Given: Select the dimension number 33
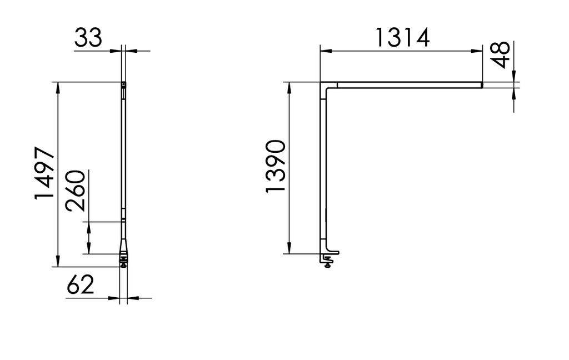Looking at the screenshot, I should click(x=88, y=38).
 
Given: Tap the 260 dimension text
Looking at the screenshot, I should click(x=75, y=191).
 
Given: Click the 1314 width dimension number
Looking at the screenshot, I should click(x=402, y=38).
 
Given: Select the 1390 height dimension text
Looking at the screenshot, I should click(x=275, y=167).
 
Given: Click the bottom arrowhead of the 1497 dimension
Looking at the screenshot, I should click(x=58, y=262).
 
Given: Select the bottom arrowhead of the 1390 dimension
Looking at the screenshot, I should click(x=289, y=248).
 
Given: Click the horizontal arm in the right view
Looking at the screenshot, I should click(x=408, y=85).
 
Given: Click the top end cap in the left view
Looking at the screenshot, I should click(x=124, y=84).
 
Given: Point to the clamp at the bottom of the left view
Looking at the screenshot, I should click(x=124, y=260).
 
